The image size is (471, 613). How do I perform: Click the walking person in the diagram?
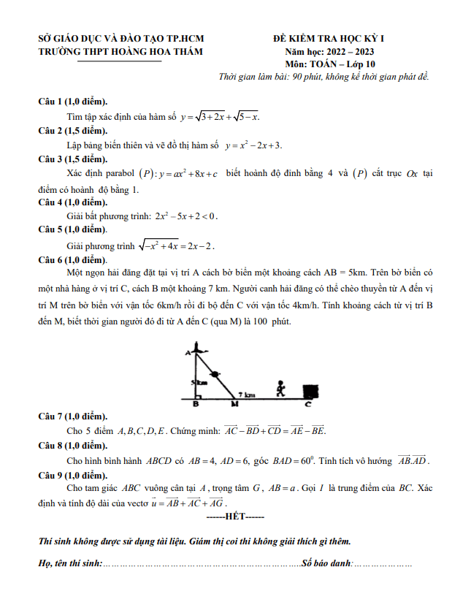(x=279, y=388)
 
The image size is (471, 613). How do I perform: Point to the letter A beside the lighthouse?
(x=188, y=353)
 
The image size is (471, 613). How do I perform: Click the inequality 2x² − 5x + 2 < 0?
(x=186, y=216)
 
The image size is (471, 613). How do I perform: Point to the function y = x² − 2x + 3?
(x=253, y=145)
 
